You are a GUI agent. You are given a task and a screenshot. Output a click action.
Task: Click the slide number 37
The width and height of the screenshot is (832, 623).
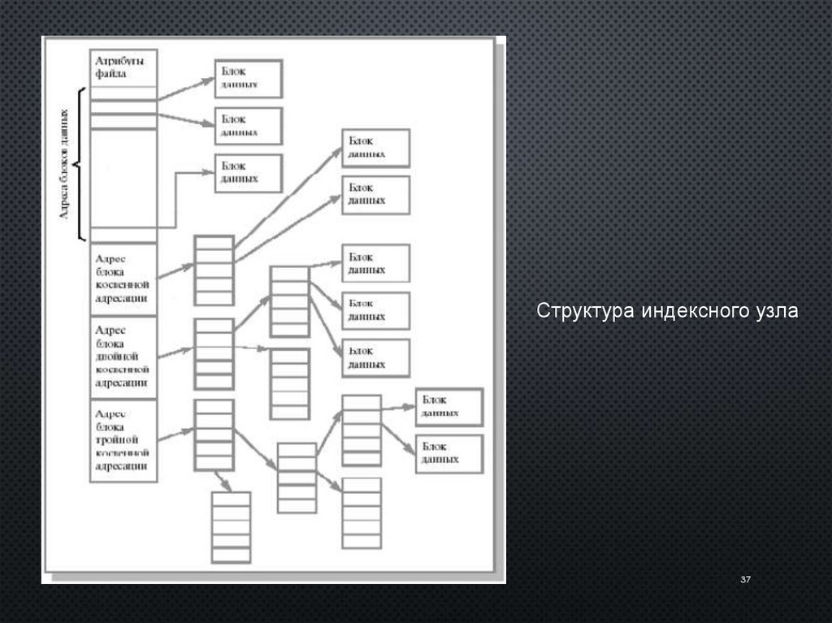pyautogui.click(x=744, y=579)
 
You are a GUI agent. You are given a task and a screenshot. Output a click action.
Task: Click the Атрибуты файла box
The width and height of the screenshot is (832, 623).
pyautogui.click(x=122, y=67)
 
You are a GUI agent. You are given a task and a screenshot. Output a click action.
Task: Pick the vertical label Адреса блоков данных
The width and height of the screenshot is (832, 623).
pyautogui.click(x=65, y=163)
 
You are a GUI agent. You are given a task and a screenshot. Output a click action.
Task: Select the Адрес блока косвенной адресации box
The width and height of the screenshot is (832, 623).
pyautogui.click(x=123, y=278)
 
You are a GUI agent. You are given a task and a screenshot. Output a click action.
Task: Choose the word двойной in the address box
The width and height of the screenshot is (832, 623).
pyautogui.click(x=117, y=357)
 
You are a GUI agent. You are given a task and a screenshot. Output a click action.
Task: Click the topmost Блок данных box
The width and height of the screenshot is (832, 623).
pyautogui.click(x=248, y=78)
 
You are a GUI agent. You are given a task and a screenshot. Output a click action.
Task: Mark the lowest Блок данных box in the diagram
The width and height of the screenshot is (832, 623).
pyautogui.click(x=448, y=453)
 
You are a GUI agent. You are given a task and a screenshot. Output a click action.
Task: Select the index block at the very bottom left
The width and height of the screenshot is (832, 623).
pyautogui.click(x=231, y=527)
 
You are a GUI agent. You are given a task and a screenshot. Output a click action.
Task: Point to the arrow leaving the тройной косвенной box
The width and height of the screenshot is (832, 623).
pyautogui.click(x=175, y=437)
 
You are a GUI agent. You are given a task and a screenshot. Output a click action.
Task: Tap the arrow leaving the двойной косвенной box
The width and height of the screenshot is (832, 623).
pyautogui.click(x=175, y=353)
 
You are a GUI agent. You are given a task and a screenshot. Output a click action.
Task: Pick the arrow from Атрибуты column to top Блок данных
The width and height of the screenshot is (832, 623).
pyautogui.click(x=185, y=89)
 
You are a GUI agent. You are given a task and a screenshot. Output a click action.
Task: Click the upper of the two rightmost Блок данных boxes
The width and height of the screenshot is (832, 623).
pyautogui.click(x=448, y=407)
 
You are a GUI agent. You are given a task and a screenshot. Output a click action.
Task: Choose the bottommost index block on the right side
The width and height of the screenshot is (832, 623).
pyautogui.click(x=361, y=513)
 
